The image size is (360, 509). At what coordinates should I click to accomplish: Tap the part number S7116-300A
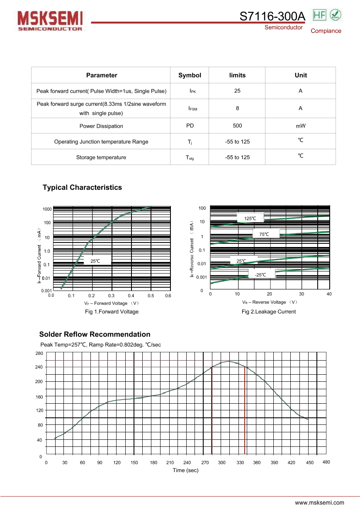(272, 16)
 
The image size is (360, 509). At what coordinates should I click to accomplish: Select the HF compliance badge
(319, 15)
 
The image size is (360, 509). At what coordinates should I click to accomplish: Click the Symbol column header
(190, 75)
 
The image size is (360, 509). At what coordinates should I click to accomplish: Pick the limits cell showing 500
(237, 126)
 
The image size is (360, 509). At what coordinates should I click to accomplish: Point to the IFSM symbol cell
(192, 109)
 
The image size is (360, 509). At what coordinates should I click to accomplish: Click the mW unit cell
(301, 126)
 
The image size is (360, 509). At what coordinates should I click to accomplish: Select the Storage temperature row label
(101, 157)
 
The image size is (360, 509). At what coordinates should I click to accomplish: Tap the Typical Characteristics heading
(82, 187)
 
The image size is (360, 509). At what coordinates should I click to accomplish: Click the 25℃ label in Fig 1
(95, 261)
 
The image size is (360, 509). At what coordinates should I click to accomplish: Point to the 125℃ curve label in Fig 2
(250, 218)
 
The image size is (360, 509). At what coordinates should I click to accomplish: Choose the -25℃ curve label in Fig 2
(260, 275)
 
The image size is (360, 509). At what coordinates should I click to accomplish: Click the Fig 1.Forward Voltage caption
(112, 312)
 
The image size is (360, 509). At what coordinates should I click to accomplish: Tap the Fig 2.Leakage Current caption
(269, 312)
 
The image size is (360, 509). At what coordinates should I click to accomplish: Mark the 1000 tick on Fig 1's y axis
(47, 209)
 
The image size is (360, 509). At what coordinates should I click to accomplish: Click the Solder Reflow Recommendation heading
(95, 334)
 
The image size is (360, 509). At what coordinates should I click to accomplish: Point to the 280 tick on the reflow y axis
(39, 353)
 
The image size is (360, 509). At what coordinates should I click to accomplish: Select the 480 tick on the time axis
(326, 462)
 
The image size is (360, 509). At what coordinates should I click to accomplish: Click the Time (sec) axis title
(185, 470)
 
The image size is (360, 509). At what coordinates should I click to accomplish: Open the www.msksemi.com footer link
(319, 502)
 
